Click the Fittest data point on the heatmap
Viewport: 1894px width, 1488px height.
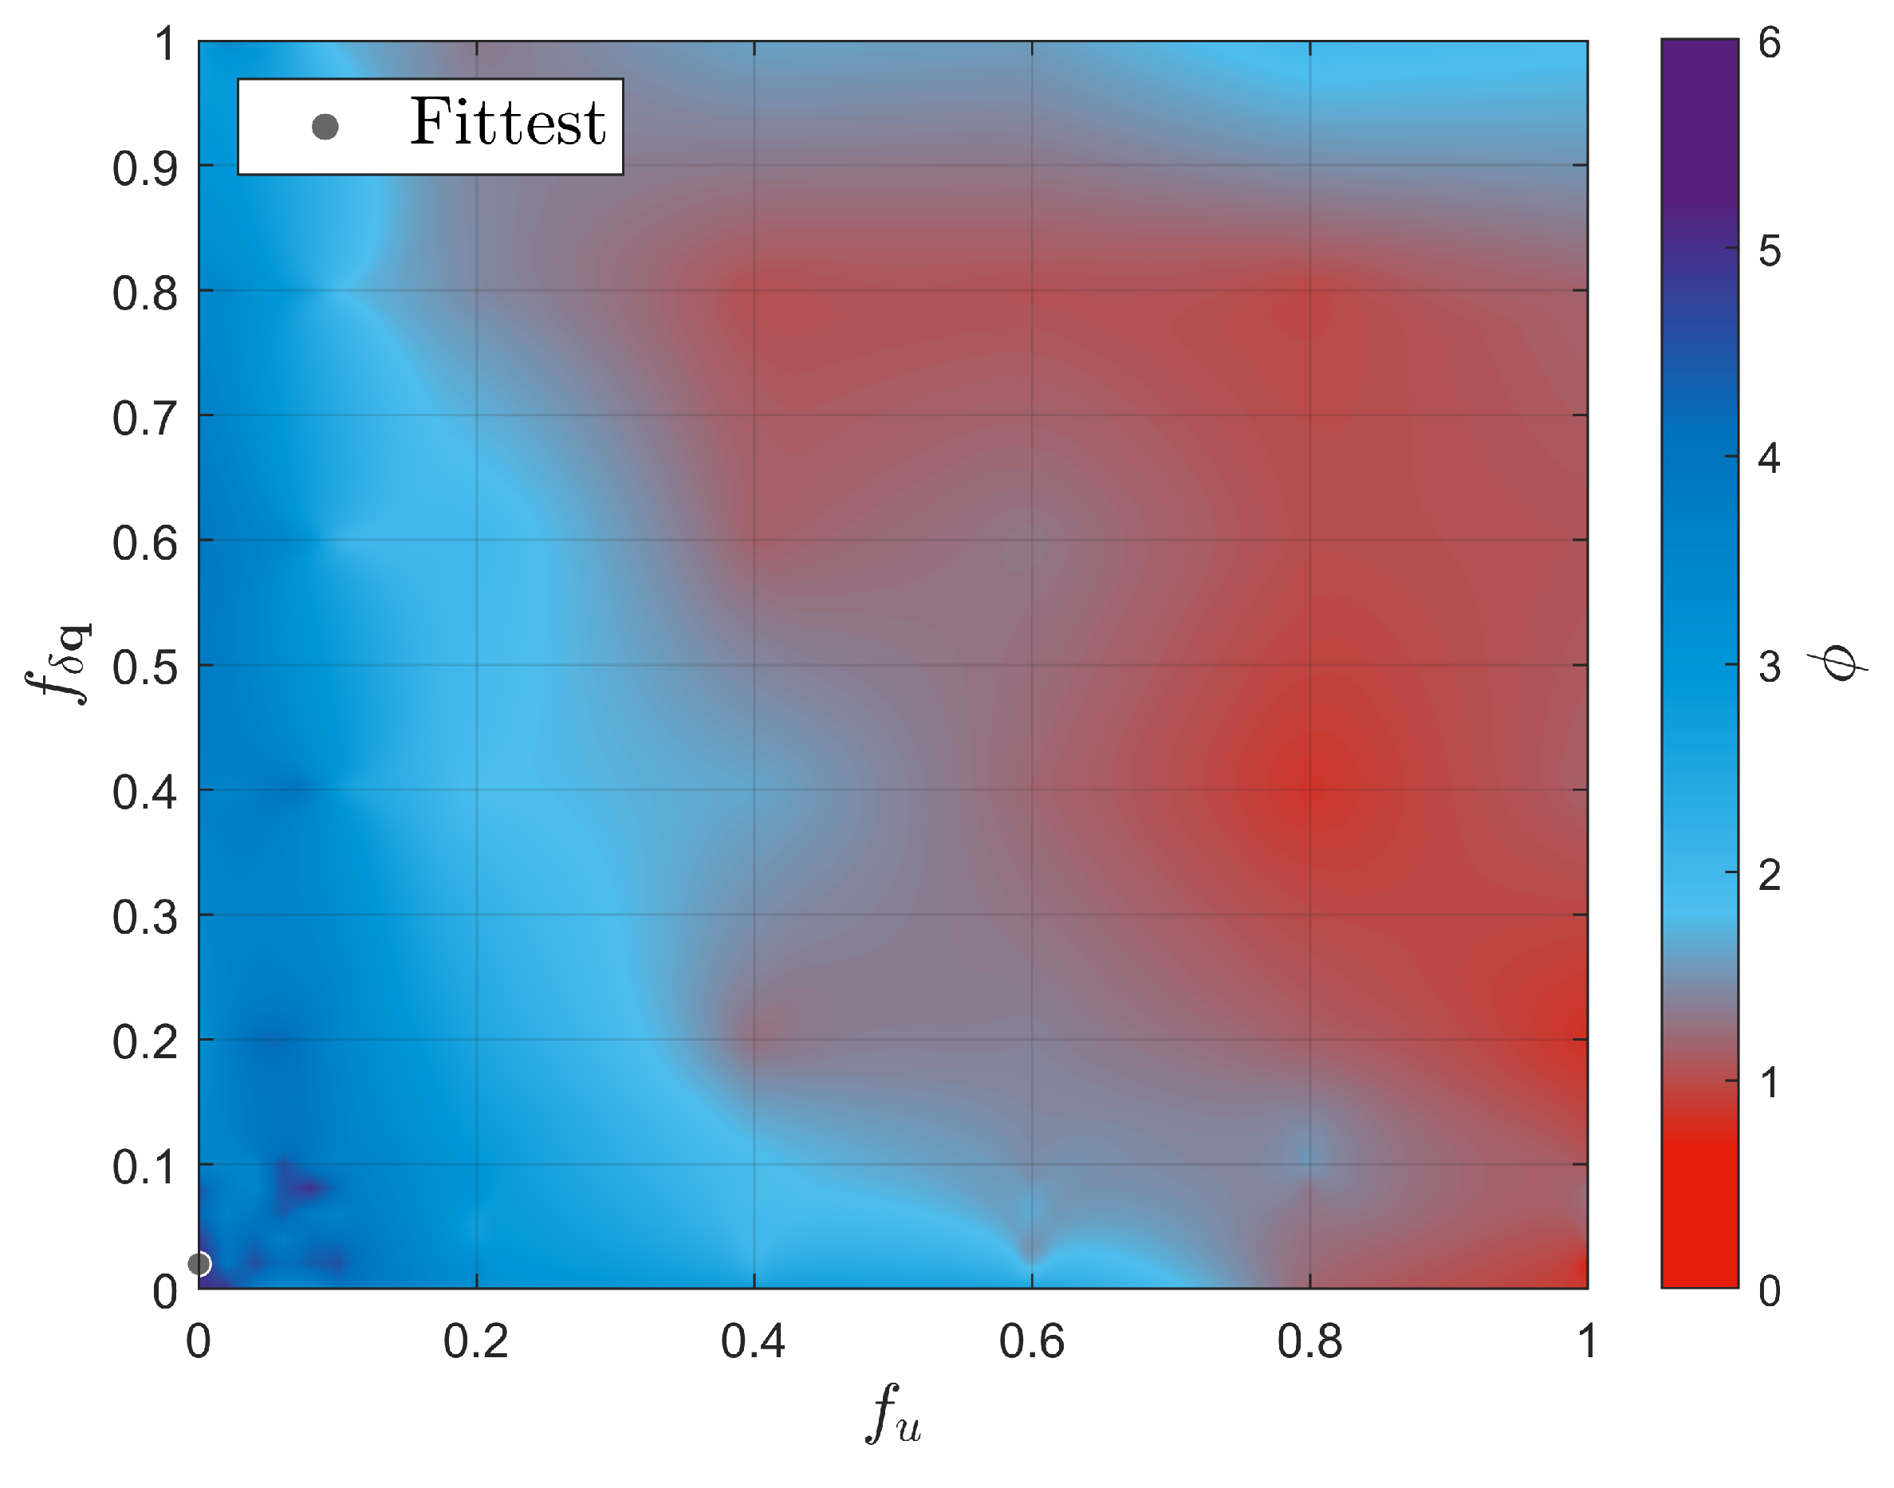pyautogui.click(x=199, y=1263)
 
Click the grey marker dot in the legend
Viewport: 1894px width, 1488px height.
pyautogui.click(x=325, y=128)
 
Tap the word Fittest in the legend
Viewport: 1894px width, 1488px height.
pyautogui.click(x=507, y=123)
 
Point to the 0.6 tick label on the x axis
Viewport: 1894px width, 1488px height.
pyautogui.click(x=1031, y=1341)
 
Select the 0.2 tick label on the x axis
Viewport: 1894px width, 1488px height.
pyautogui.click(x=475, y=1341)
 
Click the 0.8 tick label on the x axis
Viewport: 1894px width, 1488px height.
pyautogui.click(x=1309, y=1341)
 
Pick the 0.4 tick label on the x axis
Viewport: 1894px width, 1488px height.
pyautogui.click(x=754, y=1341)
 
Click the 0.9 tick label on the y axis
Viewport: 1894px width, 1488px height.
pyautogui.click(x=144, y=169)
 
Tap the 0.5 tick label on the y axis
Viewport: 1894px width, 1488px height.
pyautogui.click(x=144, y=668)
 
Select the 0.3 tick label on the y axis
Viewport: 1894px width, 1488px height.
pyautogui.click(x=144, y=917)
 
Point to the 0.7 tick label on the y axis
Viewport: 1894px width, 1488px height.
pyautogui.click(x=144, y=419)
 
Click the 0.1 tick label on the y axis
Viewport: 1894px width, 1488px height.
pyautogui.click(x=144, y=1167)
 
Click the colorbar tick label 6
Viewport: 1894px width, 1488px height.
pyautogui.click(x=1770, y=43)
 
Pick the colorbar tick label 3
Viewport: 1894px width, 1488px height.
pyautogui.click(x=1770, y=667)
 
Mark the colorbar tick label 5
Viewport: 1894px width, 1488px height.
pyautogui.click(x=1770, y=252)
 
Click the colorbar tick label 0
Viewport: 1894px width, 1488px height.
pyautogui.click(x=1770, y=1291)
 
